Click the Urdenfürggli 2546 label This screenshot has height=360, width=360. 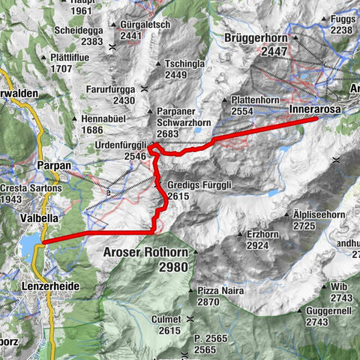point(121,150)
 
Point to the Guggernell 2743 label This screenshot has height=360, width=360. point(337,316)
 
